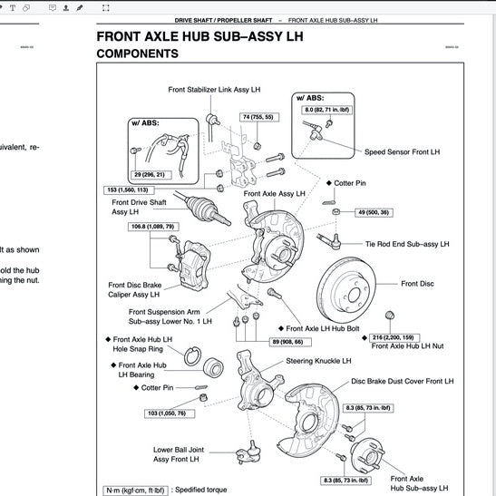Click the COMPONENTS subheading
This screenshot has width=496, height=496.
(137, 54)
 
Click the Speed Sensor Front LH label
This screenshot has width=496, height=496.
(402, 151)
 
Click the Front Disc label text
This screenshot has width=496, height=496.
(415, 284)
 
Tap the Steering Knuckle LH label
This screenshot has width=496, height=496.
(318, 360)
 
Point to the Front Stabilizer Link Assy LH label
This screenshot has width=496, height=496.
(214, 90)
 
